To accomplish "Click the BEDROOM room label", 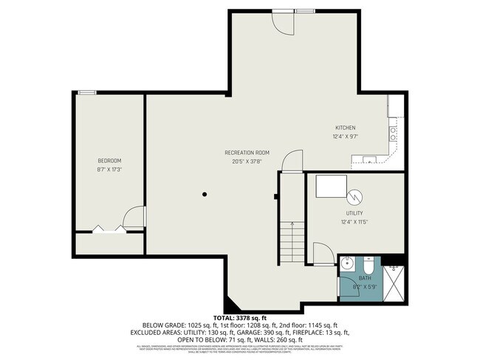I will pos(109,161).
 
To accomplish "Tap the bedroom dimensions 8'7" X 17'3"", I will pos(109,169).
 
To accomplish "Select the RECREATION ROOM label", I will pos(247,153).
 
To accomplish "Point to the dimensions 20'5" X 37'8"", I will pos(247,161).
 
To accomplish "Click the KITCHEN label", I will pos(345,128).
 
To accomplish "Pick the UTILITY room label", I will pos(354,213).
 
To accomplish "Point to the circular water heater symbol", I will pos(356,196).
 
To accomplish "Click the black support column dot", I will pos(205,194).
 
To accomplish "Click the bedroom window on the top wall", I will pos(88,92).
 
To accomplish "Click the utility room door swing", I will pos(323,255).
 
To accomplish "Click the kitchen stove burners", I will pos(393,134).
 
